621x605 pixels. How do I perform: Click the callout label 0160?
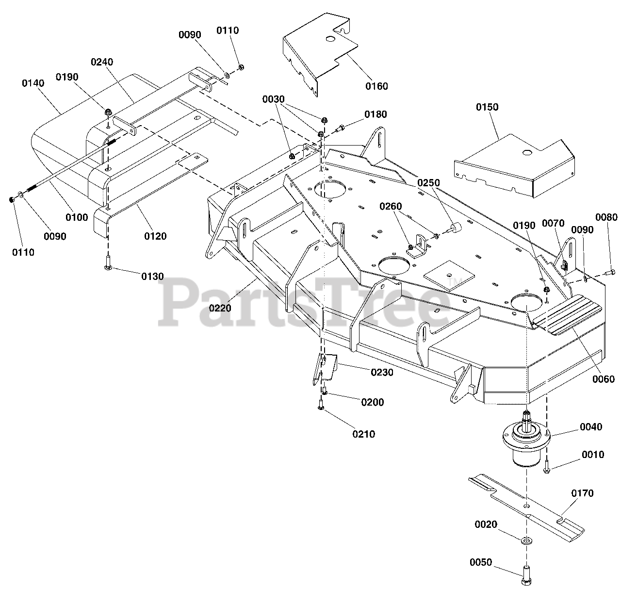pyautogui.click(x=376, y=86)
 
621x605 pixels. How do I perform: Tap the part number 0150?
pyautogui.click(x=487, y=107)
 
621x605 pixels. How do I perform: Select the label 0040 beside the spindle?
pyautogui.click(x=591, y=427)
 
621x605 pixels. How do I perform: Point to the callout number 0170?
pyautogui.click(x=582, y=493)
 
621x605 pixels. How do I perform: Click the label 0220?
pyautogui.click(x=220, y=308)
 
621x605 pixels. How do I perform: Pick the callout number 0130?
pyautogui.click(x=152, y=277)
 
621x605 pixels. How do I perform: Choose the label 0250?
pyautogui.click(x=428, y=183)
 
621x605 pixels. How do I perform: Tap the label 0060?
pyautogui.click(x=604, y=379)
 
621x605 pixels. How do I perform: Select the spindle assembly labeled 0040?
pyautogui.click(x=526, y=441)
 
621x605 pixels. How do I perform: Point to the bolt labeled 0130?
pyautogui.click(x=108, y=263)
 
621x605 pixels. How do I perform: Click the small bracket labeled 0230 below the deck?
pyautogui.click(x=325, y=368)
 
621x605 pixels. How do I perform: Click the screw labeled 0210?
pyautogui.click(x=321, y=405)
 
